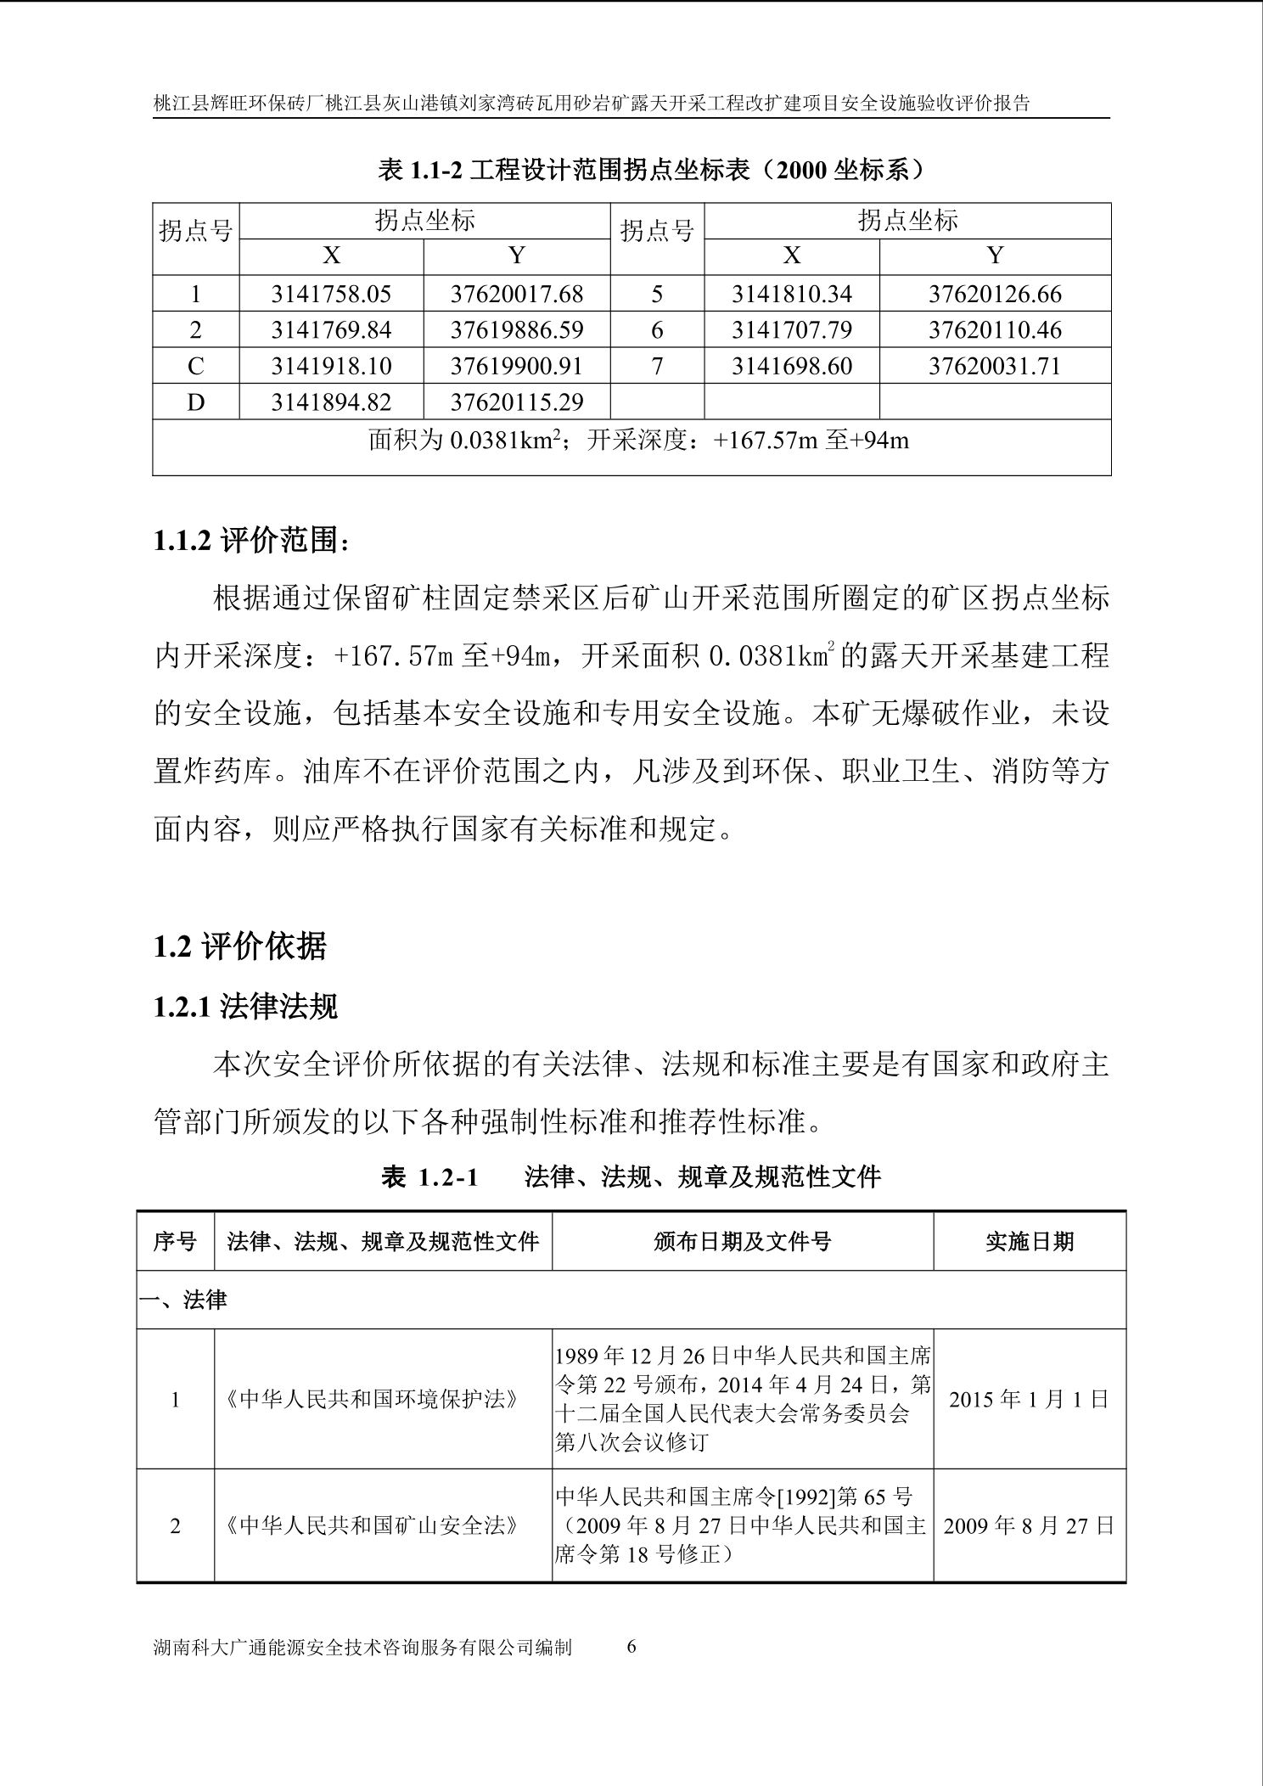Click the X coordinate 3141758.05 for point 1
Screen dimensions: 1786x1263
331,295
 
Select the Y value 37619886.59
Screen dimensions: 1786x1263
516,330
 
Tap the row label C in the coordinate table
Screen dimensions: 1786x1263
195,367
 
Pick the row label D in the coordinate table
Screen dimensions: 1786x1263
195,402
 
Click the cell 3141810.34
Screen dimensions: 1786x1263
791,295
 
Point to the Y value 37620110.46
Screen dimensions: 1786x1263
994,330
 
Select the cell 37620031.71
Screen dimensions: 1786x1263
994,367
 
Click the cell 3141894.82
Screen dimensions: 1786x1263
331,402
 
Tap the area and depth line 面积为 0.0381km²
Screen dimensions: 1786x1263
638,441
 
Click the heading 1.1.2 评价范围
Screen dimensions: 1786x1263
251,541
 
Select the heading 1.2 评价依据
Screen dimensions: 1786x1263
239,946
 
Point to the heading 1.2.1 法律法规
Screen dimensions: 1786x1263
245,1007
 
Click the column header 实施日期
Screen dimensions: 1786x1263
1029,1242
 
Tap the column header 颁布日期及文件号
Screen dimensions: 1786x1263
742,1242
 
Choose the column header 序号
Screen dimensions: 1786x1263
175,1242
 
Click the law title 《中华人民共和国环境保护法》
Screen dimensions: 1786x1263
372,1399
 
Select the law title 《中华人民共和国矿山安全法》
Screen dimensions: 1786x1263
372,1525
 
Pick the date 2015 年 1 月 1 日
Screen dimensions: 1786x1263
1029,1399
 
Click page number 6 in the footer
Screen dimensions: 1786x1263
631,1646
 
